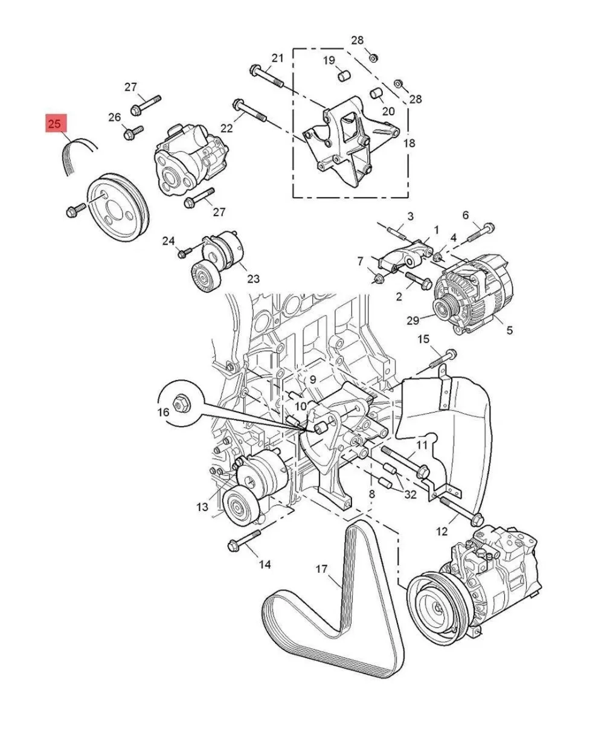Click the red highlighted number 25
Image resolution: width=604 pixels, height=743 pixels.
coord(54,123)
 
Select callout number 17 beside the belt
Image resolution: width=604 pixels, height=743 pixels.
coord(321,569)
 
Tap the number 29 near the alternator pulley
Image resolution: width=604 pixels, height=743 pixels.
coord(413,320)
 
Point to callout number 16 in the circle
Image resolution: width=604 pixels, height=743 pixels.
coord(163,412)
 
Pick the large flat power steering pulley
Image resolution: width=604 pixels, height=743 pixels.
coord(118,206)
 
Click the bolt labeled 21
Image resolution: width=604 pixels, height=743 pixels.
coord(266,77)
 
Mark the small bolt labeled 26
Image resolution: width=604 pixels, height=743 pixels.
coord(133,132)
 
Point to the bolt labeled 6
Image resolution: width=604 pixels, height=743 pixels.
coord(481,233)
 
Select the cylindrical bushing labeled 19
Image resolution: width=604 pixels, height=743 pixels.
coord(344,76)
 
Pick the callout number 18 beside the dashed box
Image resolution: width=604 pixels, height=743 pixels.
coord(410,143)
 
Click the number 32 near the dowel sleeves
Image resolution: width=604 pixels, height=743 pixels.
coord(410,495)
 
